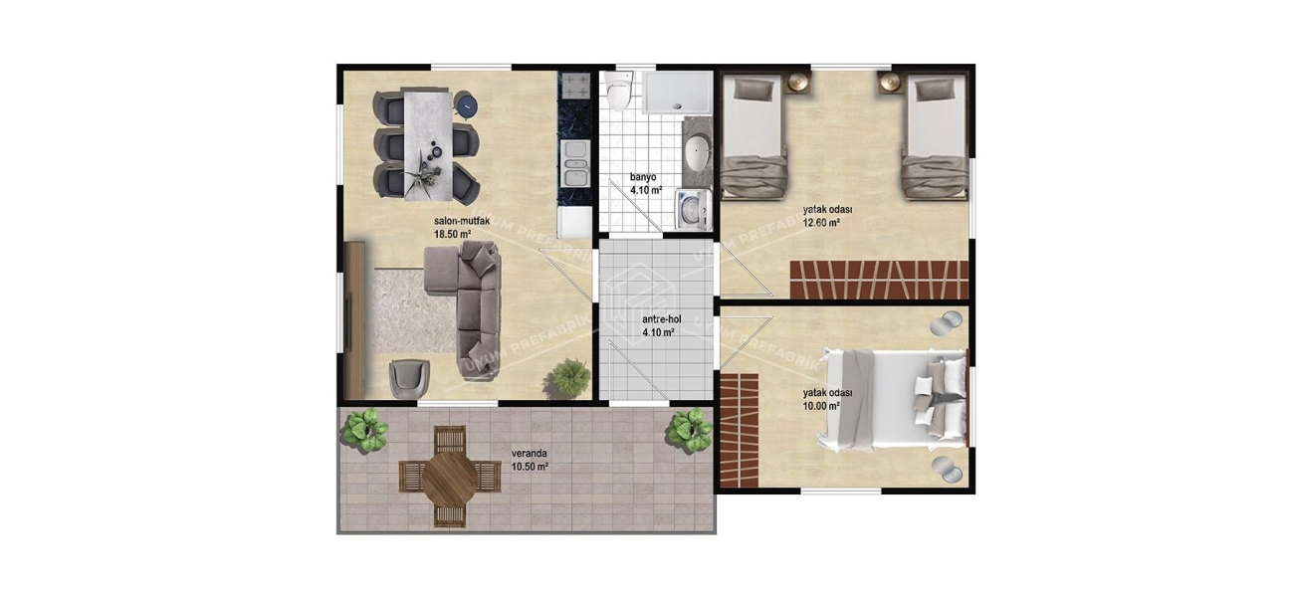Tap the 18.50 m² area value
pos(451,235)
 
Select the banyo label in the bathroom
pos(642,178)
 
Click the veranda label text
pos(529,453)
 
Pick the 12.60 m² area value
pos(821,223)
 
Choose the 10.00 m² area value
pos(821,406)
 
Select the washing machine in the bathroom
pos(691,211)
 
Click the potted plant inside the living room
pos(569,376)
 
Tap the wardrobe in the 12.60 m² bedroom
pos(879,279)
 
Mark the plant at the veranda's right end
pos(688,431)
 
